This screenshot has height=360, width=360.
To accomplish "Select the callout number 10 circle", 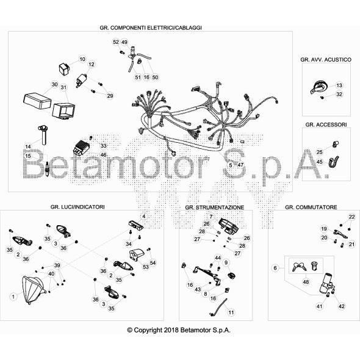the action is point(82,59).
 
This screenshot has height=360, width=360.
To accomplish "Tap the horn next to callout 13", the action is point(318,87).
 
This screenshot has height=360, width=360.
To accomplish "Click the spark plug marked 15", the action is point(48,170).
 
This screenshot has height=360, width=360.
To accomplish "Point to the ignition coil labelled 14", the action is point(43,135).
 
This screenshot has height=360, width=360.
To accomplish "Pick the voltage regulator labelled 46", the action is point(81,148).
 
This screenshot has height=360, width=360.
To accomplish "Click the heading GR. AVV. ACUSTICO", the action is point(326,60).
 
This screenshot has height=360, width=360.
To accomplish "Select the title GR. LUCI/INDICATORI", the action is point(77,207).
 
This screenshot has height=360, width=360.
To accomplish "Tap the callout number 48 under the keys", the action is point(306,282).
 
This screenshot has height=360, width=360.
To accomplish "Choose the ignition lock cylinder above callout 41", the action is point(326,284).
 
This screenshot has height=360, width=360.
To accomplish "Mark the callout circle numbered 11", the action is point(231,312).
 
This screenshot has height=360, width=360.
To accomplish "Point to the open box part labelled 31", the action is point(63,111).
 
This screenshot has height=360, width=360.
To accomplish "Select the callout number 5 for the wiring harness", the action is point(231,165).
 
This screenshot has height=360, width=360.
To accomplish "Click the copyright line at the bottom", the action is point(179,330).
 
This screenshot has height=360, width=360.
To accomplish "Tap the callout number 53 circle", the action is point(146,267).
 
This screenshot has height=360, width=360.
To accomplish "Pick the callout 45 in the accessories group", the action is point(319,162).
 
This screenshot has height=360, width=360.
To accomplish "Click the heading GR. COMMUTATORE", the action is point(311,207).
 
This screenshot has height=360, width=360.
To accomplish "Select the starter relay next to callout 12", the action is point(82,81).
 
